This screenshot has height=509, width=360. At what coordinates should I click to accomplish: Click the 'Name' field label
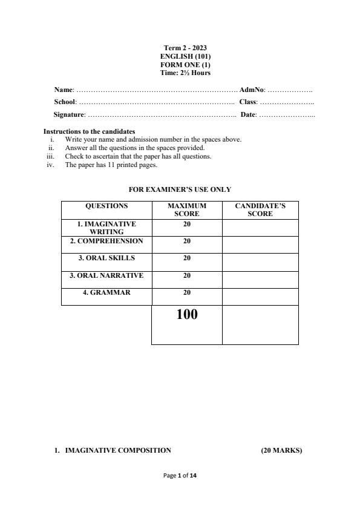coord(64,90)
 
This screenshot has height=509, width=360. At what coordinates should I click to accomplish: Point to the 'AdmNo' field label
coord(252,90)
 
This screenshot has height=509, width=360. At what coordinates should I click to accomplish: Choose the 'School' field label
coord(65,102)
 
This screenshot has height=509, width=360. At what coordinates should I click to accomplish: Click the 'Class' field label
coord(248,102)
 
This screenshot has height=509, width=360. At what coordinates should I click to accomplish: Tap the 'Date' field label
coord(248,114)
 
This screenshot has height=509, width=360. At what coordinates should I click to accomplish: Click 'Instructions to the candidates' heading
coord(89,131)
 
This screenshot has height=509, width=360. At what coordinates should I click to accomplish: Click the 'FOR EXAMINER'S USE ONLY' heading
coord(180,190)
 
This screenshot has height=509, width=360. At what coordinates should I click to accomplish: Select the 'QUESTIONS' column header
coord(106,206)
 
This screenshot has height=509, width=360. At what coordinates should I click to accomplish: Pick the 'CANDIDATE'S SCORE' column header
coord(260,210)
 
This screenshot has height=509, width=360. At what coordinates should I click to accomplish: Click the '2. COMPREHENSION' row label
coord(106,241)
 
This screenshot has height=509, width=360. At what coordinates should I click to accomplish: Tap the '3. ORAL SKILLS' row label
coord(106,258)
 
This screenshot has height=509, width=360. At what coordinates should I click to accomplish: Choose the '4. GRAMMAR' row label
coord(106,292)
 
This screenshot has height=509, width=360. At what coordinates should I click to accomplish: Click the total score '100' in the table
coord(187,315)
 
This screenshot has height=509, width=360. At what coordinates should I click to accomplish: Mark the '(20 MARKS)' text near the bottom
coord(281,450)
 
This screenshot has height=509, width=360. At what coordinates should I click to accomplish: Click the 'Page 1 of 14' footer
coord(180,476)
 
